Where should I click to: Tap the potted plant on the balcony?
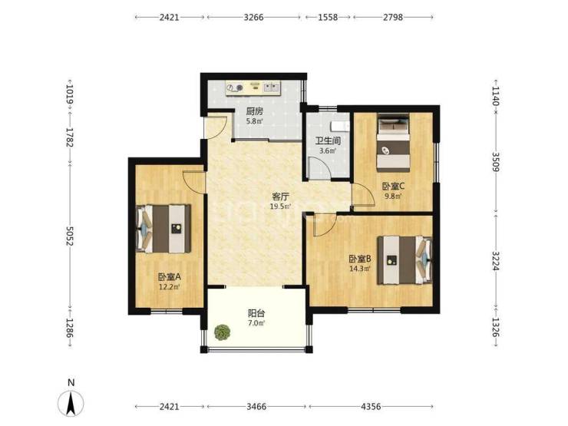point(222,332)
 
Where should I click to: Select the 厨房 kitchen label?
point(255,111)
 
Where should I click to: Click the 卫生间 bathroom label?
point(328,140)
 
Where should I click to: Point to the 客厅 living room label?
point(281,196)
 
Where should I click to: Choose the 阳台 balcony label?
point(256,313)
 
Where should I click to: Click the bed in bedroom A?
point(163,229)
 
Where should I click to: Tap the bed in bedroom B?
point(405,260)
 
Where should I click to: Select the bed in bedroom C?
point(393,142)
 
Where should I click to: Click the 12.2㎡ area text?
point(170,286)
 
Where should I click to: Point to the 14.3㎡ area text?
point(360,269)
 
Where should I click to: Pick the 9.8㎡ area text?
point(393,196)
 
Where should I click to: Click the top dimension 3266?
point(253,17)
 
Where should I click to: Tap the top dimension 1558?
point(328,17)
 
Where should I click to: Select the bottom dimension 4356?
point(371,407)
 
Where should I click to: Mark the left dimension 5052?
point(70,236)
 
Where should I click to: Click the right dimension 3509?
point(496,161)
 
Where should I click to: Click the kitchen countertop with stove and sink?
point(253,88)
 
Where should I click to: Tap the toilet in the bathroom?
point(340,126)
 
